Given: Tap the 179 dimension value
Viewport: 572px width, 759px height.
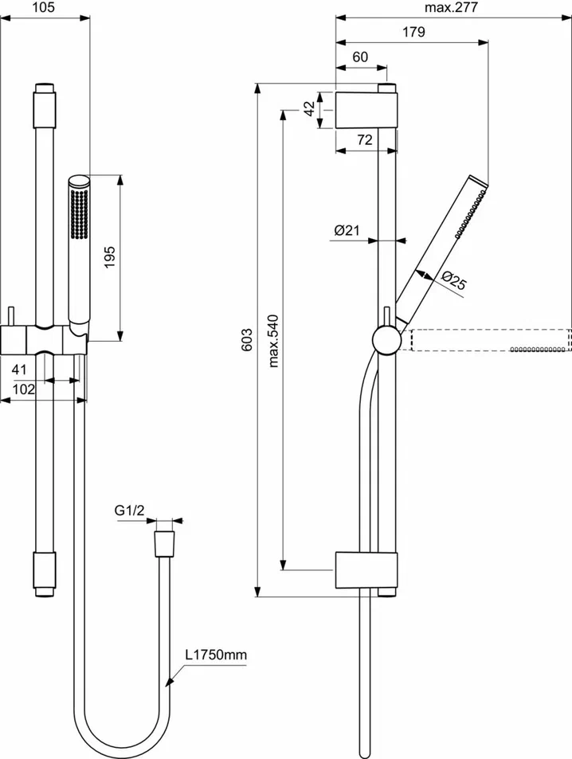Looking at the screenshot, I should pyautogui.click(x=413, y=33).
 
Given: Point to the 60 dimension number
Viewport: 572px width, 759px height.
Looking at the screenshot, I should pyautogui.click(x=360, y=57).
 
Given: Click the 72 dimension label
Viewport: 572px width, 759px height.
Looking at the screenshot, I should pyautogui.click(x=364, y=140).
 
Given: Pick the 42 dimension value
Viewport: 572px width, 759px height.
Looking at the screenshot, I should pyautogui.click(x=308, y=110).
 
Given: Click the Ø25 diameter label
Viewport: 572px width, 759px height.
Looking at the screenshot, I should pyautogui.click(x=454, y=280).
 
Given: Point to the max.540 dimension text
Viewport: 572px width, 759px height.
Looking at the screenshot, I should pyautogui.click(x=273, y=340).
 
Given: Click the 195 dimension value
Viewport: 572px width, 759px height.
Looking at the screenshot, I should pyautogui.click(x=110, y=256).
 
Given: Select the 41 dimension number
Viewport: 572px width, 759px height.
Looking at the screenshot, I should pyautogui.click(x=20, y=370).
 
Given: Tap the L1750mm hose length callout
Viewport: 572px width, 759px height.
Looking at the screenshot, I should pyautogui.click(x=217, y=655).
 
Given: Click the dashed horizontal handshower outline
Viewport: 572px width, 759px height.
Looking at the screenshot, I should pyautogui.click(x=490, y=340).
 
